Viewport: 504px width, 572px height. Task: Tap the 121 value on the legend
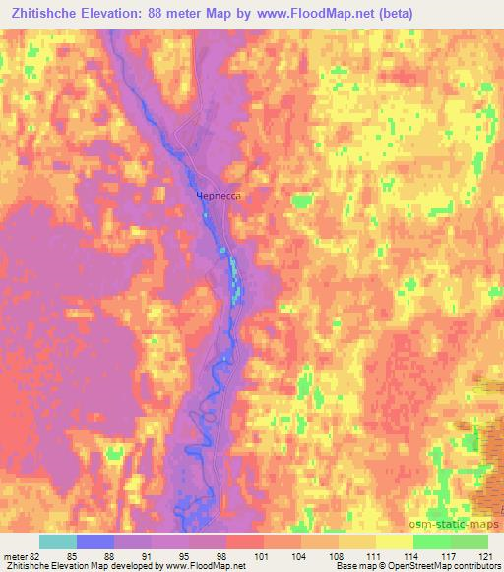(483, 555)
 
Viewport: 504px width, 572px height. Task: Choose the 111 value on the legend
(373, 555)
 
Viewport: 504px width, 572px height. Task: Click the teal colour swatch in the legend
(58, 542)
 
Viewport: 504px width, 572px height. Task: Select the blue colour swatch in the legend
(95, 542)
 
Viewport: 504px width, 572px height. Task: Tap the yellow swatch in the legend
(394, 542)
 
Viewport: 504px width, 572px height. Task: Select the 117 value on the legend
(447, 555)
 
